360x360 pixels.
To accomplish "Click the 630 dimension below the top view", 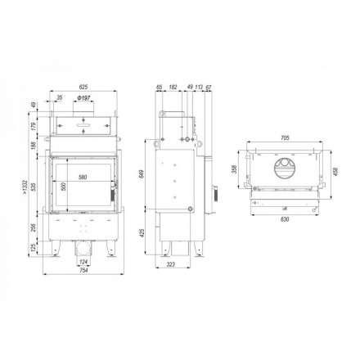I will (284, 218).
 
